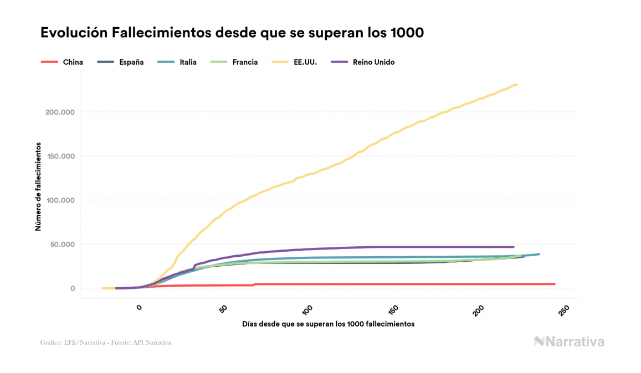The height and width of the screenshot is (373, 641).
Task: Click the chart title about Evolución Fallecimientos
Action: [232, 33]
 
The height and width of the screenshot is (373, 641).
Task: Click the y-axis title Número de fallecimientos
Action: [38, 186]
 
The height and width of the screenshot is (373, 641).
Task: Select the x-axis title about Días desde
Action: [328, 324]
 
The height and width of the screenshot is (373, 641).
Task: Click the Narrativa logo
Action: [569, 341]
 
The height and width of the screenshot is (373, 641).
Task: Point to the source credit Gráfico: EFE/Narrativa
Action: [105, 343]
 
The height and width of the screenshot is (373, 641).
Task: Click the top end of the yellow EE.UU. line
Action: [516, 85]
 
